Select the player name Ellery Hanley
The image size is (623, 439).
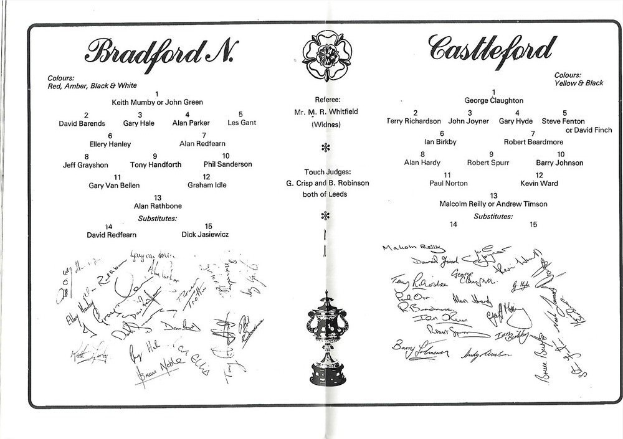(x=110, y=144)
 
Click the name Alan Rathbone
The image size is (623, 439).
(x=157, y=206)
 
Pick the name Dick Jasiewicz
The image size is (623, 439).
(x=206, y=235)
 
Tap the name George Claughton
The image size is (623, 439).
(x=493, y=100)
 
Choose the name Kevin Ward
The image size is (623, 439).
(x=539, y=184)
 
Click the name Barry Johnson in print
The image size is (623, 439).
(x=559, y=163)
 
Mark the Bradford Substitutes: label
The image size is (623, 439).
(x=157, y=219)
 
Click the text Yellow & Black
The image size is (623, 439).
(x=579, y=83)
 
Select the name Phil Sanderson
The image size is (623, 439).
(x=227, y=164)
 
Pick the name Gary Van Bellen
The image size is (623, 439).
(x=114, y=186)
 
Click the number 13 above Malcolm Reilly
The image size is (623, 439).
(x=493, y=196)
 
